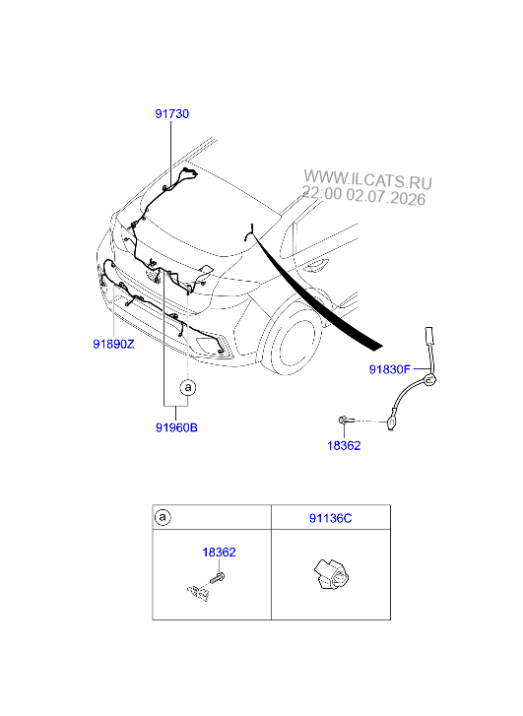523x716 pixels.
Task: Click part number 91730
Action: pyautogui.click(x=171, y=113)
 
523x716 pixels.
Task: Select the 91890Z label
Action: pyautogui.click(x=113, y=344)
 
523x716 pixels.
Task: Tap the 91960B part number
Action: pyautogui.click(x=176, y=427)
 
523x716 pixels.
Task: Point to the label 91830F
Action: pyautogui.click(x=390, y=369)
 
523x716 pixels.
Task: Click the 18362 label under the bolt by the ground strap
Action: pyautogui.click(x=344, y=446)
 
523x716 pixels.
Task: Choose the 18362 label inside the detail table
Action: pyautogui.click(x=220, y=553)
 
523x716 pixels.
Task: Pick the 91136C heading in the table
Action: pyautogui.click(x=331, y=518)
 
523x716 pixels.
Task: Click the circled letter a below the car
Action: pyautogui.click(x=188, y=388)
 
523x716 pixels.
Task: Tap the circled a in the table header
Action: pyautogui.click(x=163, y=517)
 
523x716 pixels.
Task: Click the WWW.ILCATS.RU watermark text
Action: pyautogui.click(x=367, y=179)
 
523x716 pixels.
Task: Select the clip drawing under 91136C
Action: pyautogui.click(x=331, y=574)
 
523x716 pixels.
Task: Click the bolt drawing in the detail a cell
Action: pyautogui.click(x=217, y=577)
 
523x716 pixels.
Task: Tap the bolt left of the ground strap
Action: pyautogui.click(x=346, y=420)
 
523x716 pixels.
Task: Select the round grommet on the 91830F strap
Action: pyautogui.click(x=428, y=379)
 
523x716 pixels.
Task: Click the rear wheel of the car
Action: pyautogui.click(x=294, y=338)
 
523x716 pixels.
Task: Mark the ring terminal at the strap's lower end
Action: pyautogui.click(x=391, y=423)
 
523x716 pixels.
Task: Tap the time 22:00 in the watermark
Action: pyautogui.click(x=322, y=193)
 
